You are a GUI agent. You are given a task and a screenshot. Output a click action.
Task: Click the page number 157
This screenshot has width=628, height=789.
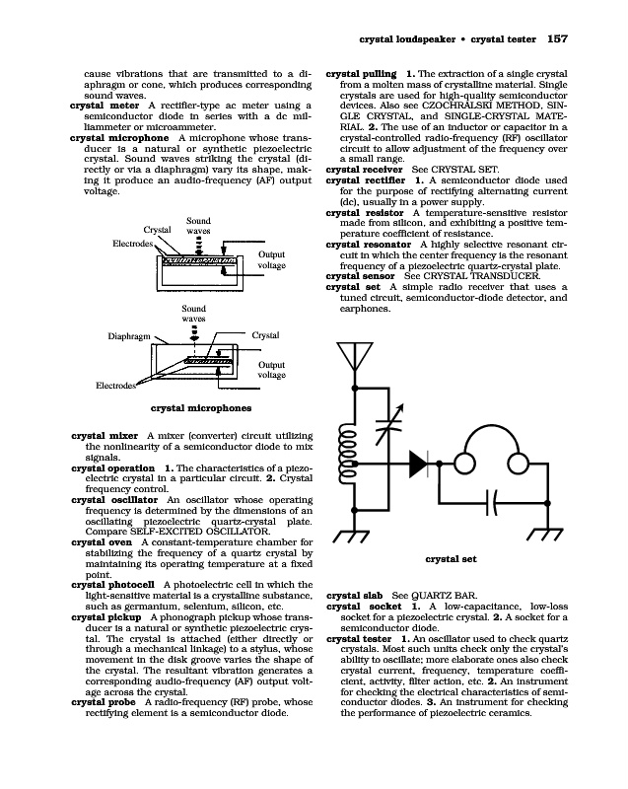coord(558,39)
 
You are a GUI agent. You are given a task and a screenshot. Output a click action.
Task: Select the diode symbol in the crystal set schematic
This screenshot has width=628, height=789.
coord(418,462)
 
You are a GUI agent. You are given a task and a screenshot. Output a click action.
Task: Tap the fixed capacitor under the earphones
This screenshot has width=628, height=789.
coord(498,500)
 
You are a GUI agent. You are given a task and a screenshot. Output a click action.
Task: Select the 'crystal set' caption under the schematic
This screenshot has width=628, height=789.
coord(451,559)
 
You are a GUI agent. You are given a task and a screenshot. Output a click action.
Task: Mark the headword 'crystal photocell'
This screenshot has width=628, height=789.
coord(114,585)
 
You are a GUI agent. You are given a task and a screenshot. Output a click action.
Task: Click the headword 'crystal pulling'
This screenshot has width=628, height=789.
coord(361,74)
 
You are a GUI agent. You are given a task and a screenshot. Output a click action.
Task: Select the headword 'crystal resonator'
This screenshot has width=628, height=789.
coord(370,244)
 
